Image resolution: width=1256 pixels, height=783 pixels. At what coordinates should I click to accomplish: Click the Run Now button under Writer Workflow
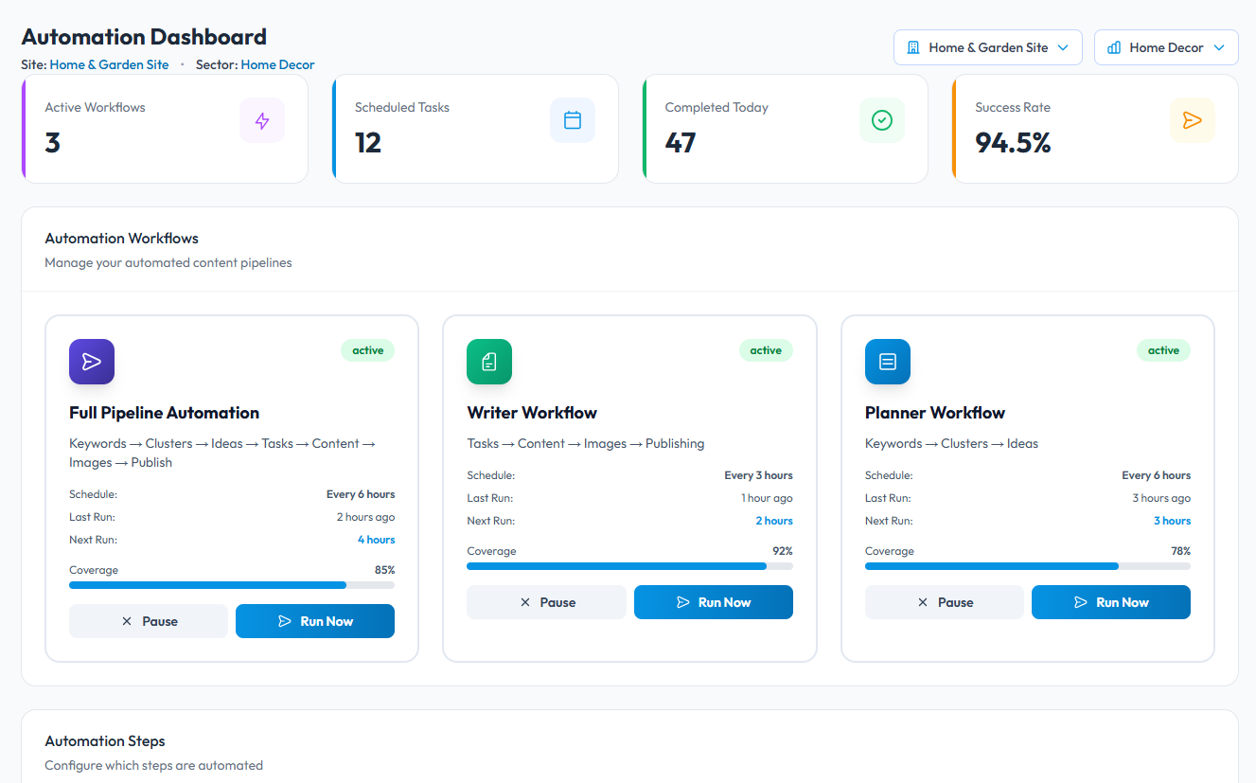713,602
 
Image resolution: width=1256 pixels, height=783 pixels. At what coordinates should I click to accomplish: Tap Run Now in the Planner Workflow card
1110,602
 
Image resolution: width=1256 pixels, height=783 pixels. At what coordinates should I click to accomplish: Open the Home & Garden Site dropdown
987,47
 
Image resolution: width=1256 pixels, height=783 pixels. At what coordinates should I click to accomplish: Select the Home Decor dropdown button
1165,47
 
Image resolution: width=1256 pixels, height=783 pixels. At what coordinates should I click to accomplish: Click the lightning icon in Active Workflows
262,120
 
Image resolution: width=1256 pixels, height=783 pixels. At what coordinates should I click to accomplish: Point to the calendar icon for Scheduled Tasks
573,120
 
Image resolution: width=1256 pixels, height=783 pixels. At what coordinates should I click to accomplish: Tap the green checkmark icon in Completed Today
882,120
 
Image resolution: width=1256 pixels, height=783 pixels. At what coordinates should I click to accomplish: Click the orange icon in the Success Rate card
1192,120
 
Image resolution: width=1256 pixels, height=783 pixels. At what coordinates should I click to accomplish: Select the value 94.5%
1013,143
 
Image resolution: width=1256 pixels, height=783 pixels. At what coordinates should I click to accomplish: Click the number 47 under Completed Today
681,143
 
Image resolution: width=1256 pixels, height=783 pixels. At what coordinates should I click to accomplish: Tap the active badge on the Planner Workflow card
1163,350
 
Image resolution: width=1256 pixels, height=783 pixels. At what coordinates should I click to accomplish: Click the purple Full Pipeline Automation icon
92,362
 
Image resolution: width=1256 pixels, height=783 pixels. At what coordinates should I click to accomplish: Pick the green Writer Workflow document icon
489,362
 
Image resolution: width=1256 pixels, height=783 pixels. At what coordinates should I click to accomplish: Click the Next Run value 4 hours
376,540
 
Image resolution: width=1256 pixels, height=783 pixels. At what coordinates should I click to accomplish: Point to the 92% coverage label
783,551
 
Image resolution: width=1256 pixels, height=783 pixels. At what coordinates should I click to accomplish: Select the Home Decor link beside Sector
277,65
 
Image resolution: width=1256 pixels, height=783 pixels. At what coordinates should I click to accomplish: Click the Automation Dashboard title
144,37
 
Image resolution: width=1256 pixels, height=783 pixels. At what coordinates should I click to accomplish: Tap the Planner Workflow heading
934,413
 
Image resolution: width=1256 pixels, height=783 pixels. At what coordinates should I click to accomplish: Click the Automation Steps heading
105,741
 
